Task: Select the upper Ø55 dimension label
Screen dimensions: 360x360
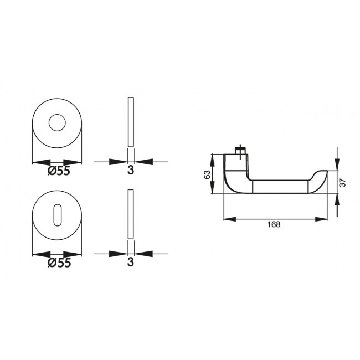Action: [x=59, y=171]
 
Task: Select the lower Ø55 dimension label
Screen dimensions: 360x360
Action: [x=59, y=263]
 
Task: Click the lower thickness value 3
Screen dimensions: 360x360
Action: [x=131, y=263]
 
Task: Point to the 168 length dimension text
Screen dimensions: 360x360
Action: [x=273, y=225]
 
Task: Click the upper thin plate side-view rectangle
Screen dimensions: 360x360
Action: [x=131, y=122]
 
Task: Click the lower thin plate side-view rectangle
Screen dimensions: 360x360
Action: [x=131, y=215]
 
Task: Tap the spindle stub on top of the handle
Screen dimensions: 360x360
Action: [x=240, y=151]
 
